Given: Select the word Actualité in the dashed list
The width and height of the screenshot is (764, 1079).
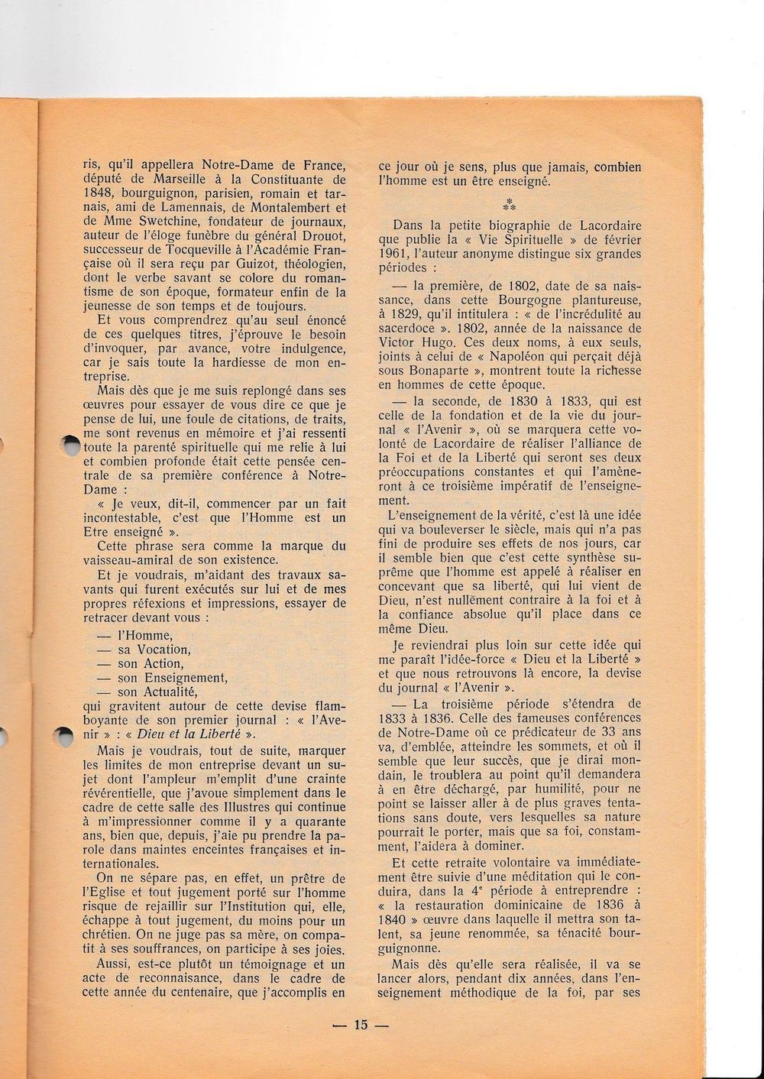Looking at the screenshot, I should click(x=165, y=692).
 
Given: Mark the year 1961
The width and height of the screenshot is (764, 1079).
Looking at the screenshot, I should click(x=397, y=254).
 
